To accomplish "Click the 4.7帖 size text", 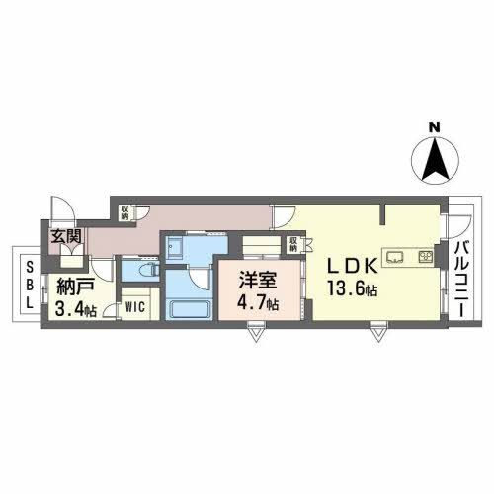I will coord(256,302).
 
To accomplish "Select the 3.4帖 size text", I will coord(76,310).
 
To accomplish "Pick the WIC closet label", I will coord(136,306).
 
